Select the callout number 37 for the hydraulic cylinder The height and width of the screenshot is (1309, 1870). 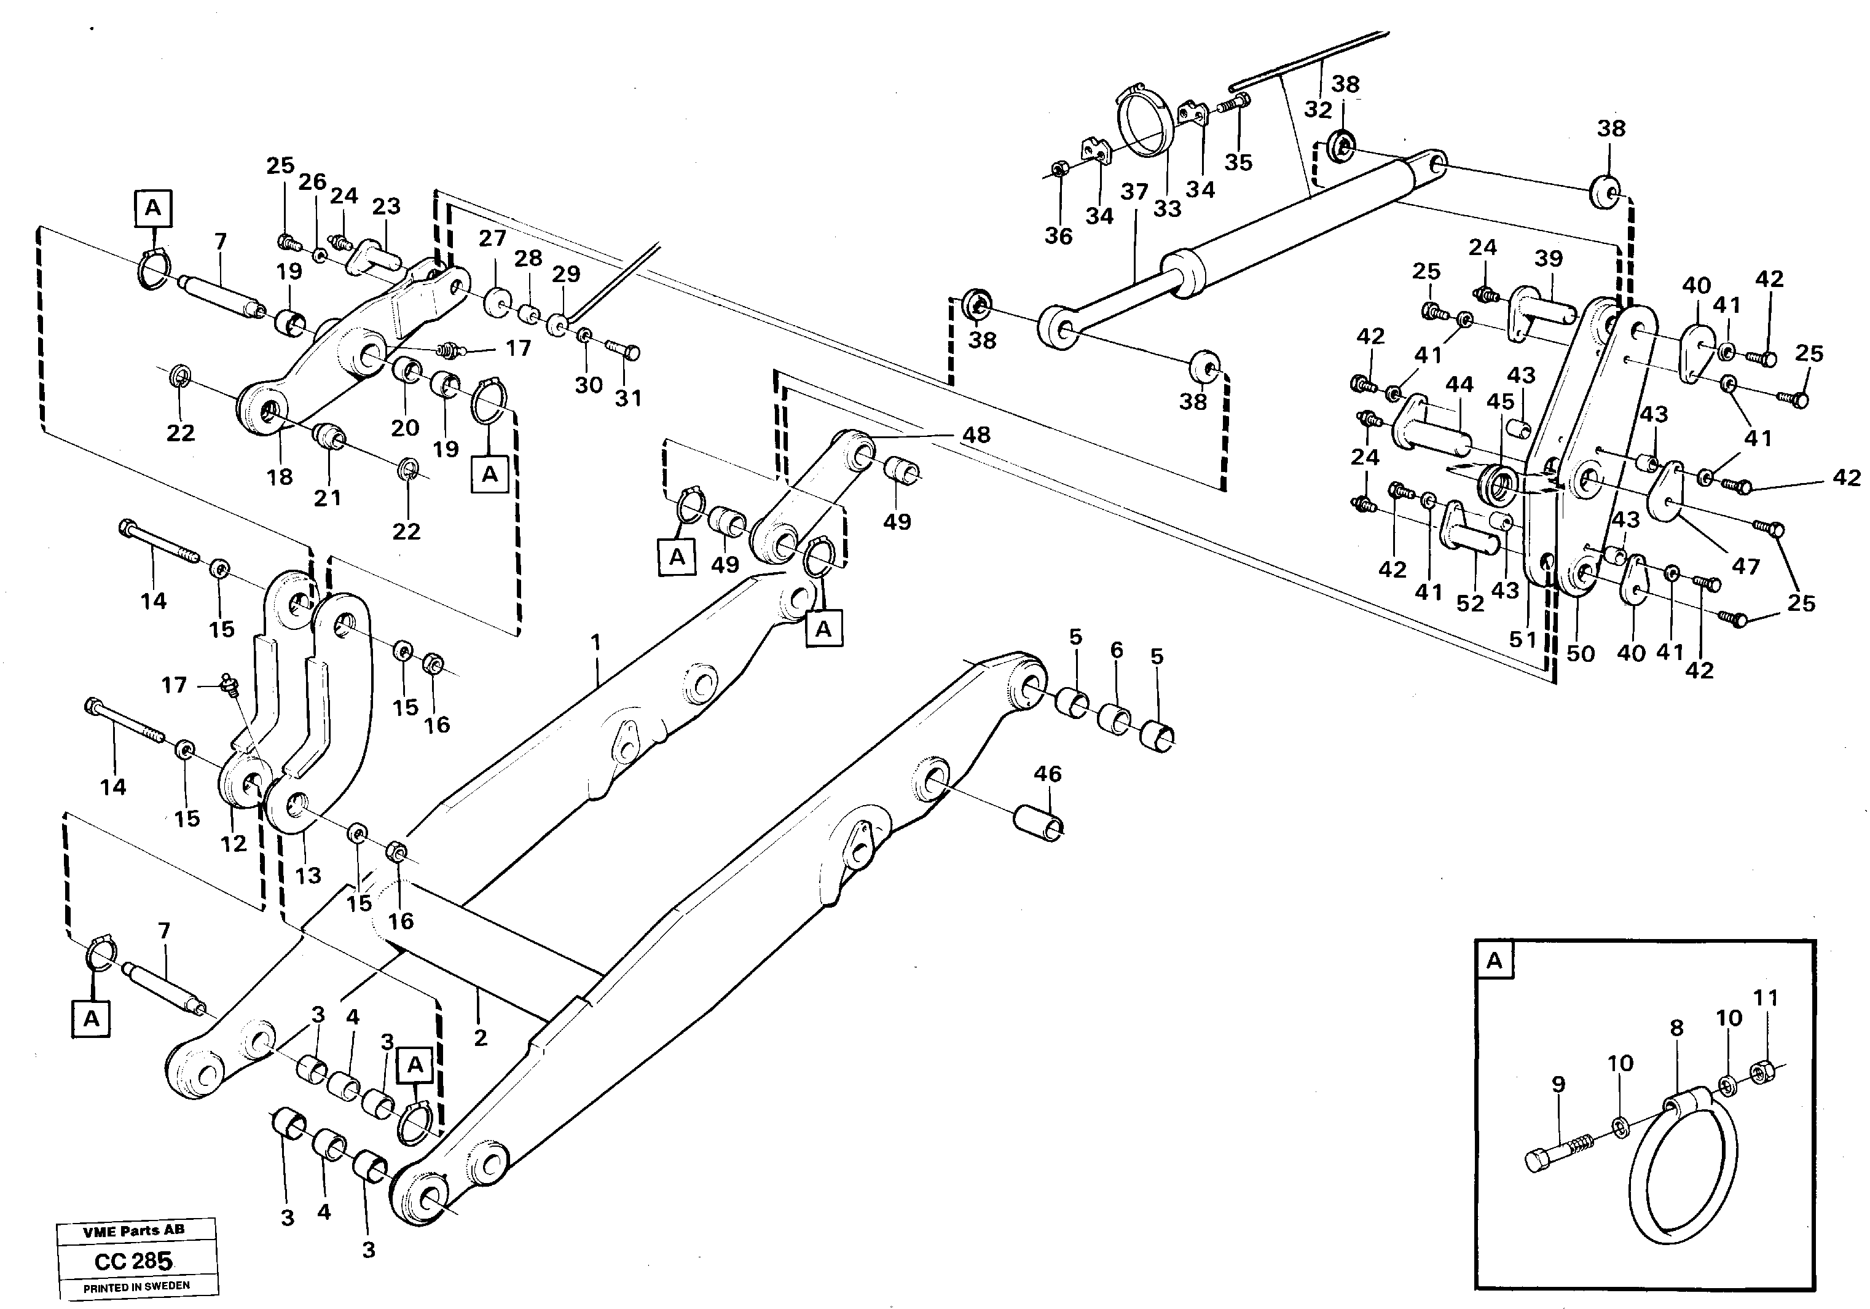coord(1134,192)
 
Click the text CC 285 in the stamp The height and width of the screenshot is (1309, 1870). coord(133,1262)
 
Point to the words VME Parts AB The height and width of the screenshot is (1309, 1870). coord(135,1230)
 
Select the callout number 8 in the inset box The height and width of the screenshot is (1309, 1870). coord(1676,1028)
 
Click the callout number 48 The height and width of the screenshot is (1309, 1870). coord(976,435)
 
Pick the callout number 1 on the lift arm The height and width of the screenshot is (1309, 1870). coord(596,643)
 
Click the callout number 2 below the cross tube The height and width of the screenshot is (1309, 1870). coord(481,1038)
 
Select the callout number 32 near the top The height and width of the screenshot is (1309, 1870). coord(1317,109)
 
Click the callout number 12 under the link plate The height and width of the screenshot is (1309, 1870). coord(234,844)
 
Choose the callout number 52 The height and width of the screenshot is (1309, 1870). coord(1470,603)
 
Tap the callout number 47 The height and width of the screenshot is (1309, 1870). coord(1745,565)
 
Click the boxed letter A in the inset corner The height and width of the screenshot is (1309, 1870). coord(1495,961)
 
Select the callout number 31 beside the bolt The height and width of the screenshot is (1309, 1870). coord(628,398)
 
